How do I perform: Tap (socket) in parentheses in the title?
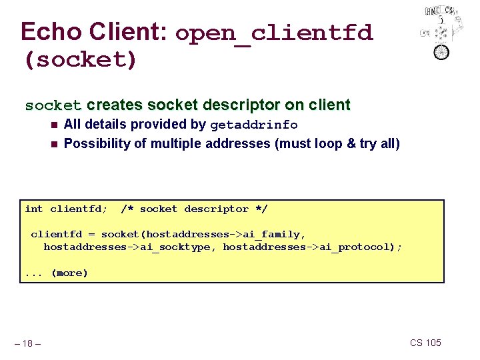pyautogui.click(x=80, y=59)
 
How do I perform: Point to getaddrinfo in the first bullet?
pyautogui.click(x=254, y=125)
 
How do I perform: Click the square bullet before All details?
pyautogui.click(x=53, y=125)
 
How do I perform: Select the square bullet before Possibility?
pyautogui.click(x=53, y=143)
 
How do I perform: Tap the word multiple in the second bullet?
pyautogui.click(x=178, y=143)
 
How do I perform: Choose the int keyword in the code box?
pyautogui.click(x=33, y=209)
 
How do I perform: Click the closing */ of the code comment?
pyautogui.click(x=261, y=209)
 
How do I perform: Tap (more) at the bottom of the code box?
pyautogui.click(x=69, y=273)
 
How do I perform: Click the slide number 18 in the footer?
pyautogui.click(x=27, y=343)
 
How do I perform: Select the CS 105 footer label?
pyautogui.click(x=425, y=343)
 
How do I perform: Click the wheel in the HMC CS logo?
pyautogui.click(x=441, y=51)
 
